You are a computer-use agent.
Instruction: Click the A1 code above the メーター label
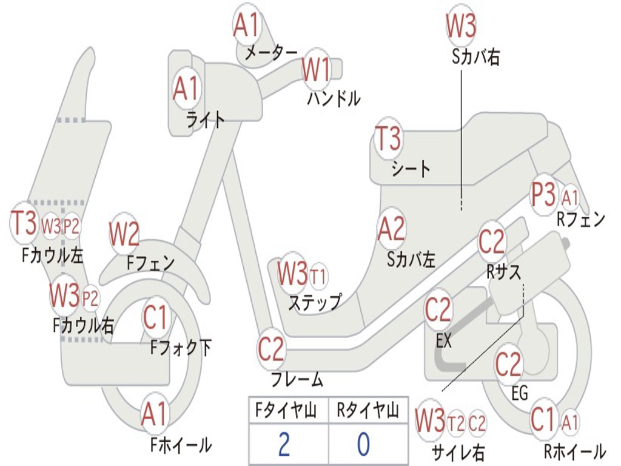pos(246,25)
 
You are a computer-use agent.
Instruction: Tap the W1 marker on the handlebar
pos(316,70)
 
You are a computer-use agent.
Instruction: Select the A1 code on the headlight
pos(186,89)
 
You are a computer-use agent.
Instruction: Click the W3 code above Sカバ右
pos(461,25)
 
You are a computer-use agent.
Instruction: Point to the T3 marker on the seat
pos(388,139)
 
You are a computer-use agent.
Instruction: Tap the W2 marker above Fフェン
pos(124,234)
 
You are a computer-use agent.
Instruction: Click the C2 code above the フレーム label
pos(271,349)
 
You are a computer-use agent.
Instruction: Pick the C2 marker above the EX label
pos(438,310)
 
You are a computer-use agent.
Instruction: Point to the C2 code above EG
pos(508,363)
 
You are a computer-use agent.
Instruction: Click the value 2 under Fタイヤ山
pos(284,444)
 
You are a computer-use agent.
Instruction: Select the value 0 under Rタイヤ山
pos(363,444)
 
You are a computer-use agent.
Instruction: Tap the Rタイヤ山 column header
pos(368,411)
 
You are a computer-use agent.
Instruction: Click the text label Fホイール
pos(181,445)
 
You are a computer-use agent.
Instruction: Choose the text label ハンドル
pos(334,98)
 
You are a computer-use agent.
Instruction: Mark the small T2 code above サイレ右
pos(456,423)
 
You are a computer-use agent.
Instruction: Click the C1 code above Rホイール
pos(542,419)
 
